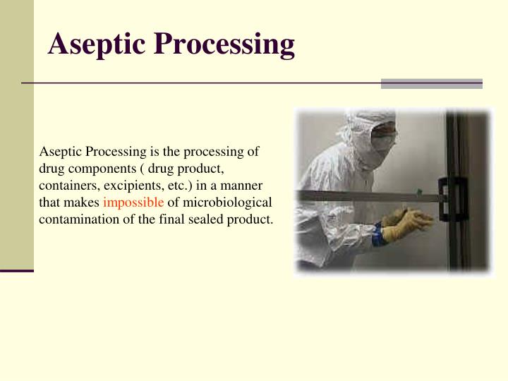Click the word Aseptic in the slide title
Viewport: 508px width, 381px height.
(x=97, y=45)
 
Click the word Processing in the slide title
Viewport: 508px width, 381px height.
(x=224, y=45)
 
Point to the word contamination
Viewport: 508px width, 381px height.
(x=76, y=219)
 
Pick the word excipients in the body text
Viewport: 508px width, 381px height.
(x=134, y=186)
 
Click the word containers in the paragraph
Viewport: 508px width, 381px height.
(x=67, y=186)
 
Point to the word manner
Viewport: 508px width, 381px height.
(x=244, y=186)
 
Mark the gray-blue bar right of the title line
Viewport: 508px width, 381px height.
(x=431, y=83)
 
